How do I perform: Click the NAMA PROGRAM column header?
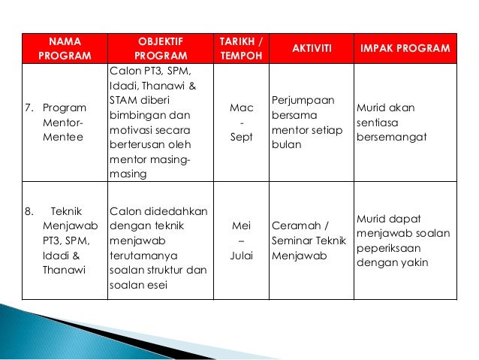coord(64,47)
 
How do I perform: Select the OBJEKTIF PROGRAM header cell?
coord(161,47)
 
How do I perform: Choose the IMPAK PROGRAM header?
coord(405,48)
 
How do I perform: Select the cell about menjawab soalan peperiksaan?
coord(405,241)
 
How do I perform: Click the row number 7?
coord(29,108)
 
